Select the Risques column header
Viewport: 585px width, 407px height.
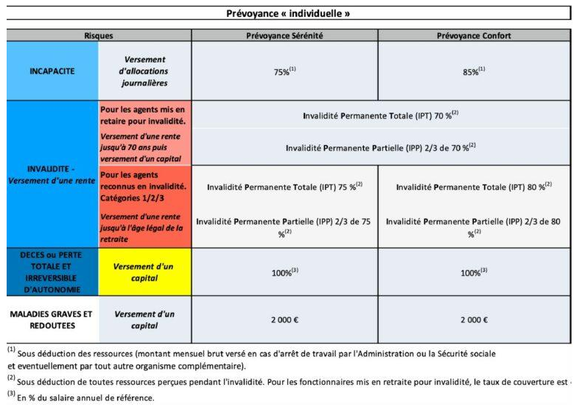pos(99,35)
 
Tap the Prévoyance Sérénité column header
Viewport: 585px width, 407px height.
pos(284,35)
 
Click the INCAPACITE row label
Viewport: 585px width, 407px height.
pos(52,71)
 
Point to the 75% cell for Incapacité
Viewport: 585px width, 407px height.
pos(284,71)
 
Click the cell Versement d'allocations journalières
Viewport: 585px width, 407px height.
pos(145,71)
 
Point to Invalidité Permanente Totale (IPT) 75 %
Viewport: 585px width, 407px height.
pos(284,187)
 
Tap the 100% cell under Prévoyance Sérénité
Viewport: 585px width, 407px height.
pos(284,271)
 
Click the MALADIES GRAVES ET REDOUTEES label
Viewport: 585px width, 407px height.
pos(52,319)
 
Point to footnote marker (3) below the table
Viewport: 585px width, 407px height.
pos(12,394)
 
